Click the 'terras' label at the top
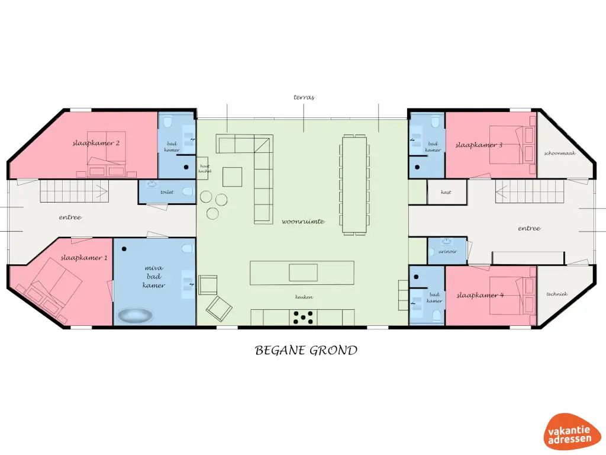[304, 97]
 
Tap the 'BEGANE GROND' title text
[306, 351]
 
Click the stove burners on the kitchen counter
[303, 318]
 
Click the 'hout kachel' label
[205, 169]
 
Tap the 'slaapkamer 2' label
[96, 143]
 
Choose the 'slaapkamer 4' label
[480, 294]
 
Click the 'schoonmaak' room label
[560, 153]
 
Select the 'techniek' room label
[557, 294]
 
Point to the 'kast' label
[446, 192]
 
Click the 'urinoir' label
[447, 251]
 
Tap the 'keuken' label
[304, 297]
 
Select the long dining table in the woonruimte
[354, 184]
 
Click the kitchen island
[302, 273]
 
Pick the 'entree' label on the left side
[70, 217]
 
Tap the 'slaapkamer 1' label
[85, 258]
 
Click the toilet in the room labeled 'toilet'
[187, 192]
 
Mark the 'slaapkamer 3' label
[479, 145]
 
